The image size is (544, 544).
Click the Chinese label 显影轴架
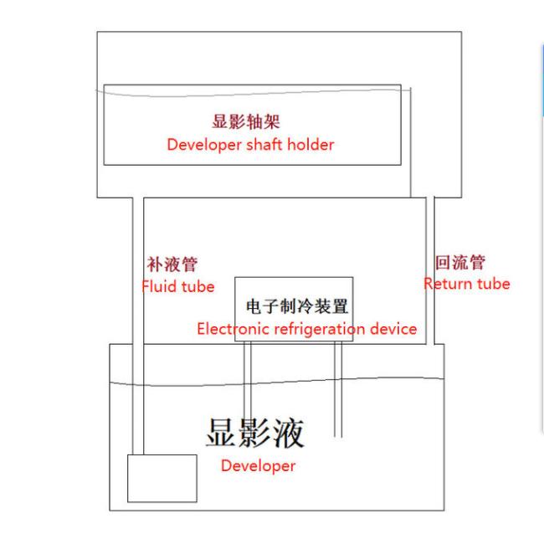click(x=246, y=121)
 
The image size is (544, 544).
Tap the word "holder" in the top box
click(x=310, y=144)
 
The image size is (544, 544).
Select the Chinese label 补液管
click(x=172, y=264)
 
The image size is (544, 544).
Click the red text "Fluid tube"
click(x=178, y=286)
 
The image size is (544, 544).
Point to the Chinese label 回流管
click(x=460, y=262)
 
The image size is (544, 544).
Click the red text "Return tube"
click(x=467, y=284)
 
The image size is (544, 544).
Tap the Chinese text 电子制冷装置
click(x=297, y=306)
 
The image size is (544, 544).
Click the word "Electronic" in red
click(x=233, y=329)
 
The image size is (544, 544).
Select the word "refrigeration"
click(x=320, y=329)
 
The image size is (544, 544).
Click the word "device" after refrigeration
click(x=393, y=329)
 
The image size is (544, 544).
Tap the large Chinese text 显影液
click(x=255, y=433)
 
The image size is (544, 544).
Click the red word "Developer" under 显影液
click(x=258, y=466)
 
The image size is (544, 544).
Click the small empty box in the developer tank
click(x=162, y=478)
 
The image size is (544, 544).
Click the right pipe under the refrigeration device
click(x=338, y=388)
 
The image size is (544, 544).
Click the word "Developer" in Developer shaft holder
click(x=204, y=145)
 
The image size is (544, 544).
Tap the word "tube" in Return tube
click(x=494, y=284)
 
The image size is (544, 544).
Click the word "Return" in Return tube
click(x=448, y=284)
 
